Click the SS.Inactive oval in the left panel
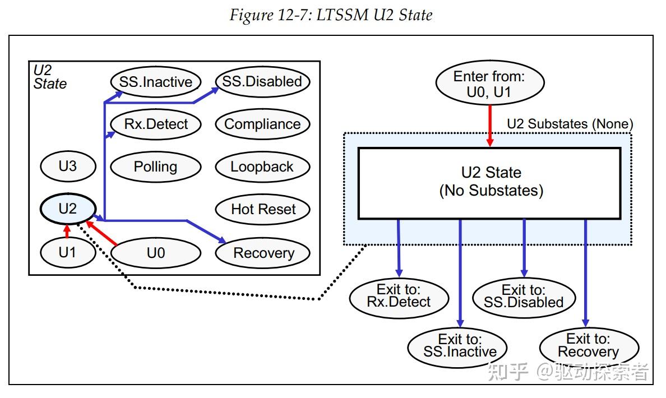(x=155, y=82)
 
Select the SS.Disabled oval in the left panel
(x=262, y=81)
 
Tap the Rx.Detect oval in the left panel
(x=155, y=124)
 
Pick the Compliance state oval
(x=262, y=124)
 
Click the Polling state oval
(x=155, y=166)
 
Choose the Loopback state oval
(x=262, y=166)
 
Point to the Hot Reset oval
(x=263, y=209)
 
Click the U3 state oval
(x=67, y=166)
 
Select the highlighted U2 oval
(x=67, y=209)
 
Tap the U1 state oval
(x=67, y=252)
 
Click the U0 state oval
(x=155, y=253)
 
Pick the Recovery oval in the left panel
(x=263, y=253)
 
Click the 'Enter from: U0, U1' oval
(x=489, y=84)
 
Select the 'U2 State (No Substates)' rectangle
(x=489, y=182)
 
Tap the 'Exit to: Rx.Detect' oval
(x=399, y=296)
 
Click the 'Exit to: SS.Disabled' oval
(x=524, y=296)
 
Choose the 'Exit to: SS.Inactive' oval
(x=459, y=345)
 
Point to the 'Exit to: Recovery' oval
(x=588, y=345)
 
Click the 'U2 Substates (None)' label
(x=569, y=124)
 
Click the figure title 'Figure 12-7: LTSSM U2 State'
(x=331, y=15)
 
